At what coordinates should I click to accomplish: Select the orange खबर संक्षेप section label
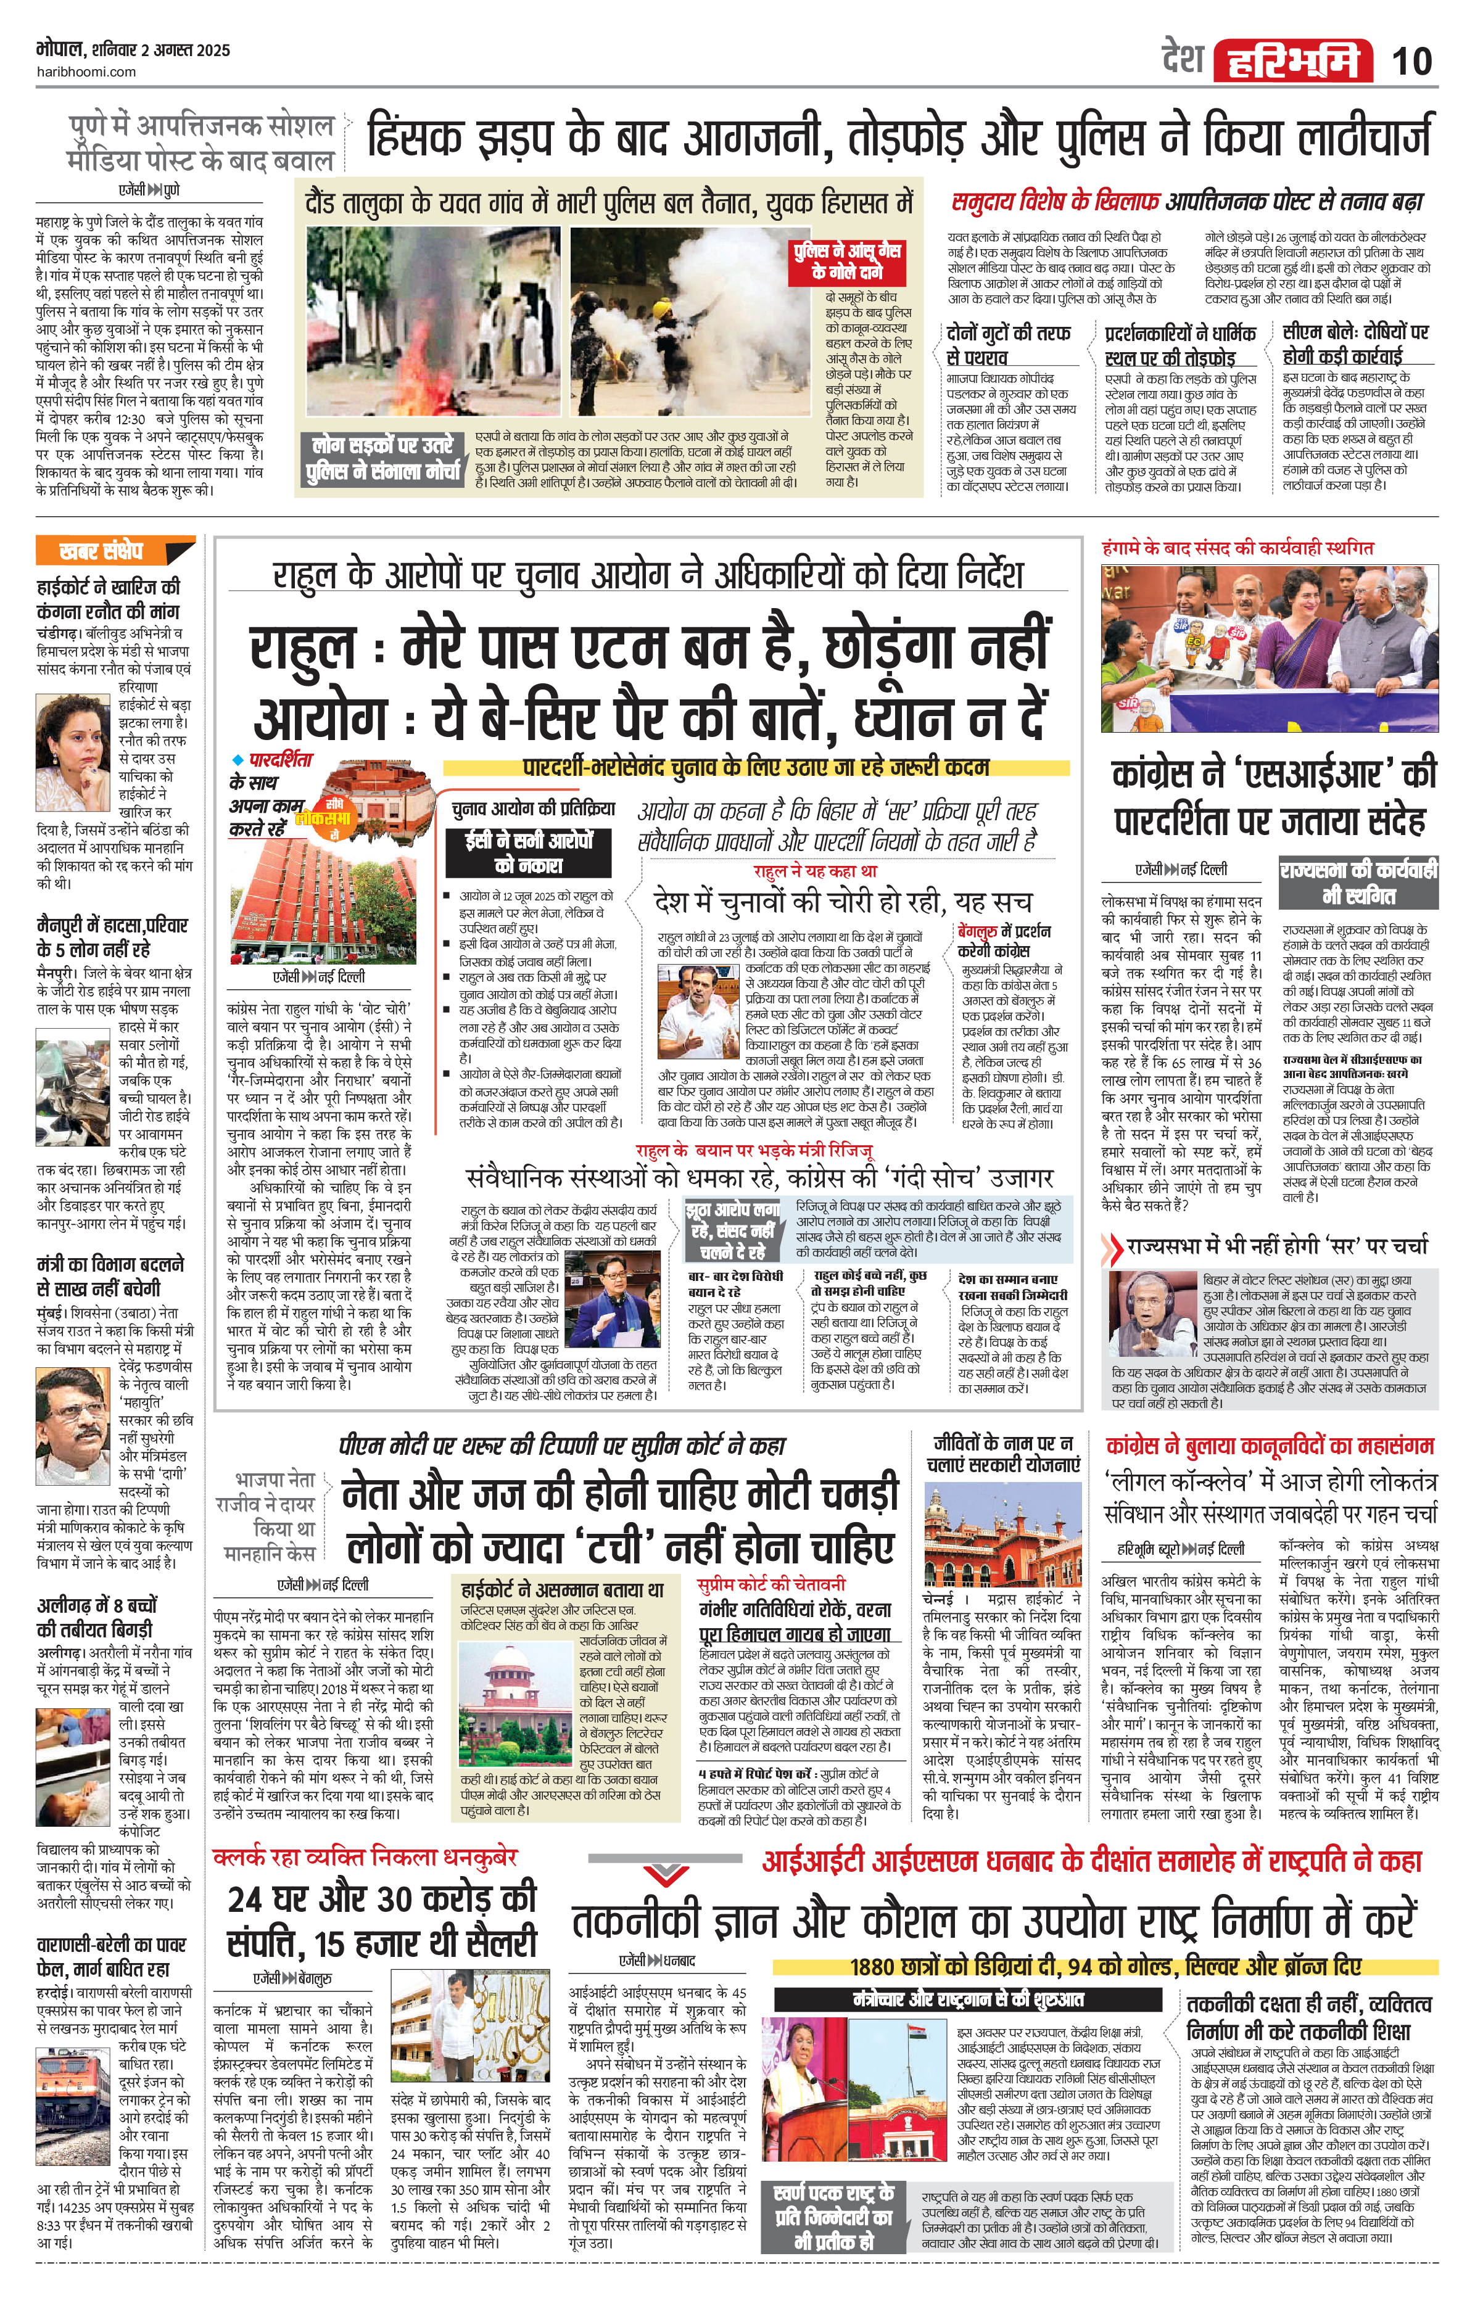(x=115, y=551)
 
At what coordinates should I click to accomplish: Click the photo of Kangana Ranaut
(x=73, y=743)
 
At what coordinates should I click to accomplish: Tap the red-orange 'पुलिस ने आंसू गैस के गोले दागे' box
(x=847, y=261)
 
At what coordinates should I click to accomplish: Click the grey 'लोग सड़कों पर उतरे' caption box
(x=383, y=459)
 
